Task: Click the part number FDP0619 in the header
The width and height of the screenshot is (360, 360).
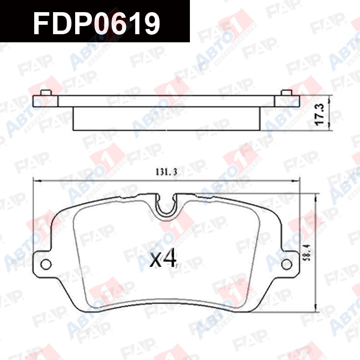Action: point(96,23)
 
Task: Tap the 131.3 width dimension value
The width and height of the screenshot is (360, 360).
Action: point(166,172)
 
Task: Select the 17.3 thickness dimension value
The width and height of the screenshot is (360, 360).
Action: point(319,114)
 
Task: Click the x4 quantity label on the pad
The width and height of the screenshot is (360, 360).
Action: point(163,259)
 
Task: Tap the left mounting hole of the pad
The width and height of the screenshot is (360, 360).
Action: point(46,264)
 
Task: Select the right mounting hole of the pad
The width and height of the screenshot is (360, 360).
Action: point(287,264)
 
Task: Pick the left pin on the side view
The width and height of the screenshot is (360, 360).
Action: point(46,93)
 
